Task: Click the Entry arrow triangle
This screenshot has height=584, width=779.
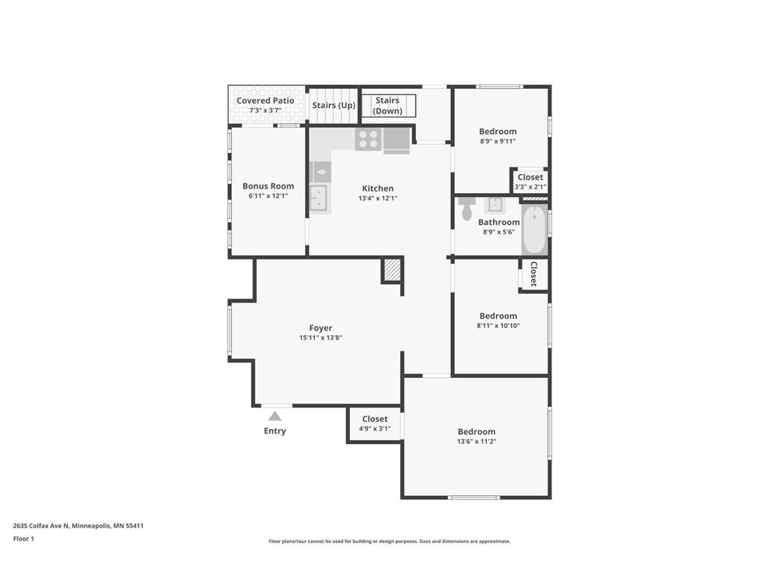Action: (x=275, y=416)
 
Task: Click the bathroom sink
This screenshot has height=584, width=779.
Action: (x=495, y=205)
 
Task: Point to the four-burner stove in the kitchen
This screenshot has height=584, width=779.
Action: (x=368, y=140)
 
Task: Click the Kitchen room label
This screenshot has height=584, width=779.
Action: (x=377, y=189)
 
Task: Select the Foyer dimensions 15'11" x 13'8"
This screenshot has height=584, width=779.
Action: (x=320, y=338)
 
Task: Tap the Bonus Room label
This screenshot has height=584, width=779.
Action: (x=268, y=186)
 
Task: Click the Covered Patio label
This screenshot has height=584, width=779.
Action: (x=265, y=100)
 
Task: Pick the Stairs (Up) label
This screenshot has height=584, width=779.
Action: (x=333, y=105)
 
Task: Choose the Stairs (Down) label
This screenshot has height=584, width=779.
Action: (x=387, y=106)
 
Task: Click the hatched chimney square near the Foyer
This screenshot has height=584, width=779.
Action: (x=392, y=270)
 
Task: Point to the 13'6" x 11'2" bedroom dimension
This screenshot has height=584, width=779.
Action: (x=476, y=441)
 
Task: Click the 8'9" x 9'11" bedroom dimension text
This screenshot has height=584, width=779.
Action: (x=498, y=141)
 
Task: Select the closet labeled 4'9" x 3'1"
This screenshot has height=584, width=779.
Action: (x=374, y=424)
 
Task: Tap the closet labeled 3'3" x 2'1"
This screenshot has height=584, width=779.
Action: (x=530, y=182)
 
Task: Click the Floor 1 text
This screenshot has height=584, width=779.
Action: (x=24, y=538)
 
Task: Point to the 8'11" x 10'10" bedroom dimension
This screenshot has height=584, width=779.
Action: (x=498, y=325)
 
